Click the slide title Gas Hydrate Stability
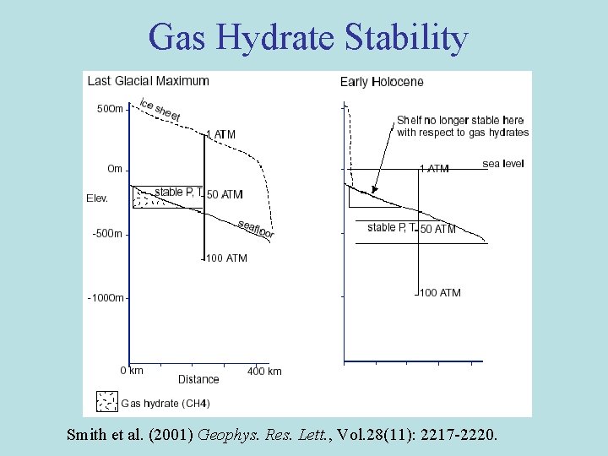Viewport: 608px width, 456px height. click(307, 38)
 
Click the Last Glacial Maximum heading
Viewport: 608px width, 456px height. click(148, 81)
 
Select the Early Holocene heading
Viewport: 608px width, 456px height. click(382, 82)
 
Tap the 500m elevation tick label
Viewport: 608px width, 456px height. click(109, 109)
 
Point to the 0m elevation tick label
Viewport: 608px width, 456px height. click(115, 169)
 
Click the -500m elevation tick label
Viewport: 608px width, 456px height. click(107, 234)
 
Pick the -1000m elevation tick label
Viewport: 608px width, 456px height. click(106, 297)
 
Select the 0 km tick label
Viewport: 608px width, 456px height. click(131, 371)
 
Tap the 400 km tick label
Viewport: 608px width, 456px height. click(264, 371)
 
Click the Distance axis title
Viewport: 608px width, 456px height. click(198, 379)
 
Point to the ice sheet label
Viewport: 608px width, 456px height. click(160, 110)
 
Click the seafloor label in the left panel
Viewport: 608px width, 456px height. click(256, 227)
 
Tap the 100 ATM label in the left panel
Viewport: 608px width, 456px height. click(226, 258)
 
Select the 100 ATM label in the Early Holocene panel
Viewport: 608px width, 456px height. click(440, 293)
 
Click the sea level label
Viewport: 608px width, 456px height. click(503, 164)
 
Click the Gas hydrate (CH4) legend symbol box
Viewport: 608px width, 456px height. click(106, 401)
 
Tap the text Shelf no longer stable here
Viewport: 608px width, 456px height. click(460, 120)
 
